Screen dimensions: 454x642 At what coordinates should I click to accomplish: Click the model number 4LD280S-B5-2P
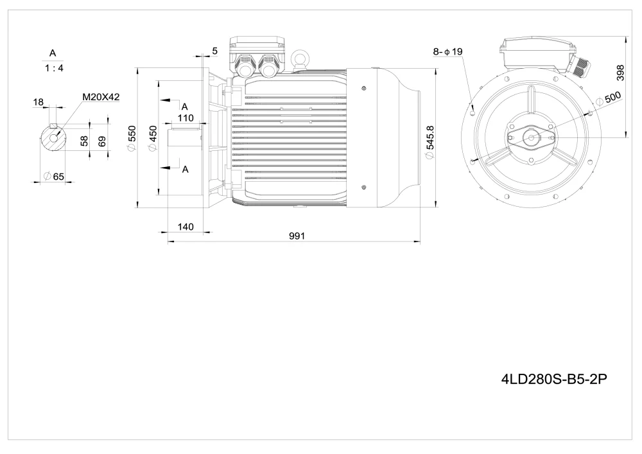(x=553, y=379)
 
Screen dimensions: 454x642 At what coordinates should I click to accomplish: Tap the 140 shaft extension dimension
(x=186, y=226)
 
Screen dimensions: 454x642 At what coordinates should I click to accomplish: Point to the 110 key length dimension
(x=186, y=118)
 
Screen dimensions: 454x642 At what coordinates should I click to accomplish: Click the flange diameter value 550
(x=132, y=138)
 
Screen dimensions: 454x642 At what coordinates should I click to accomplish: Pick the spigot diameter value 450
(x=153, y=138)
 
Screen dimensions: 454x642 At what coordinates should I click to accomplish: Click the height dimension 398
(x=620, y=73)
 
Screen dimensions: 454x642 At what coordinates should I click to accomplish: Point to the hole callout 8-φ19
(x=447, y=51)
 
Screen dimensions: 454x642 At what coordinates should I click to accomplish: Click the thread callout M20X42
(x=101, y=97)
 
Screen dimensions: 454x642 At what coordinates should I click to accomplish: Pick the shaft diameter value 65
(x=54, y=176)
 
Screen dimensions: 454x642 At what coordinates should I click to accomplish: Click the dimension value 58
(x=84, y=141)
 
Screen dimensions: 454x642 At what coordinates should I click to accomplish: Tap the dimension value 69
(x=102, y=141)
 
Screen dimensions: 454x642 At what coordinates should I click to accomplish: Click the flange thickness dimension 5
(x=214, y=50)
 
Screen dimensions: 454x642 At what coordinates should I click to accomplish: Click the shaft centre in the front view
(x=532, y=136)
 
